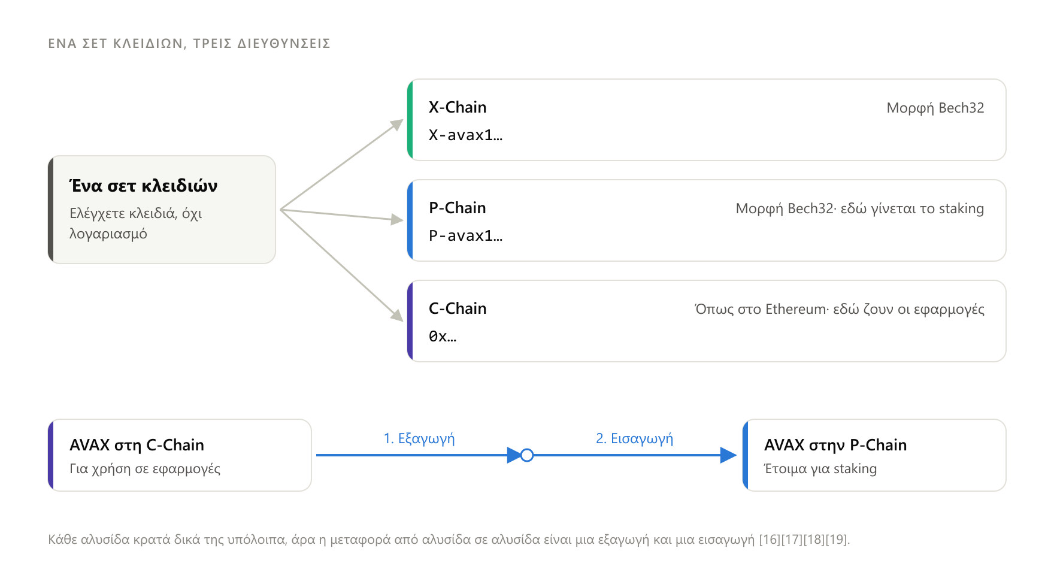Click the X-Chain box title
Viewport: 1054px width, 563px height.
coord(458,107)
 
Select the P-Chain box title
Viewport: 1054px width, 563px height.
coord(458,208)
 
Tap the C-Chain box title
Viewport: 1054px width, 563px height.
coord(458,308)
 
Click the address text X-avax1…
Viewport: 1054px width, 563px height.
coord(466,135)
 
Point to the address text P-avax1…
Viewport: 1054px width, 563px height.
coord(466,236)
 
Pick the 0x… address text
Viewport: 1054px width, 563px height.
coord(443,337)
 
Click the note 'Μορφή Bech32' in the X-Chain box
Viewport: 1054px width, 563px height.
coord(935,108)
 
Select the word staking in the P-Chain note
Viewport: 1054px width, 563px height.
coord(961,208)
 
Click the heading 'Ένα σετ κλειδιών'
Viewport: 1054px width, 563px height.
coord(143,186)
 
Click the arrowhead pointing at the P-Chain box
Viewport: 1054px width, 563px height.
coord(397,220)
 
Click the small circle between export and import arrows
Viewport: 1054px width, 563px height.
coord(527,455)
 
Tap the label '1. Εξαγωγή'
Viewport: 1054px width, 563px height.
coord(419,438)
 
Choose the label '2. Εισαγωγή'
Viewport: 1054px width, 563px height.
coord(634,438)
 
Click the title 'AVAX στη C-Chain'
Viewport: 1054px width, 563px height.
coord(137,445)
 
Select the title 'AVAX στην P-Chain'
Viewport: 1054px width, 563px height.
coord(835,445)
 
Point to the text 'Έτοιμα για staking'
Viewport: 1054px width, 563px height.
coord(820,468)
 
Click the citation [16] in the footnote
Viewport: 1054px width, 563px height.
coord(770,540)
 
